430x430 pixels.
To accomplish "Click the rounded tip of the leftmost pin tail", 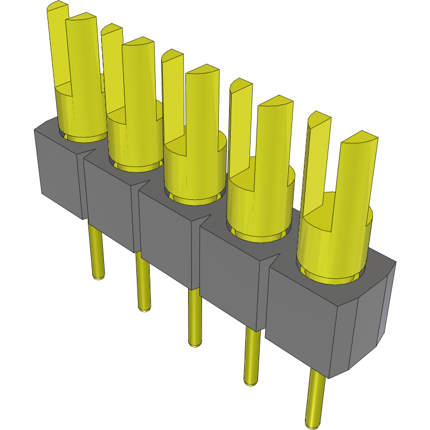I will [x=98, y=277].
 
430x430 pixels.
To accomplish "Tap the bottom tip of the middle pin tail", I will [x=195, y=342].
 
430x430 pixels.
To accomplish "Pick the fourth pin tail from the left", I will [x=252, y=356].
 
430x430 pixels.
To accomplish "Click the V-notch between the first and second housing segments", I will [x=85, y=157].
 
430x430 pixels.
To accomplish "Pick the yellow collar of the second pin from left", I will [x=135, y=140].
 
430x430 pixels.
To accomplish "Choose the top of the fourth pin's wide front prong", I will [x=275, y=102].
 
